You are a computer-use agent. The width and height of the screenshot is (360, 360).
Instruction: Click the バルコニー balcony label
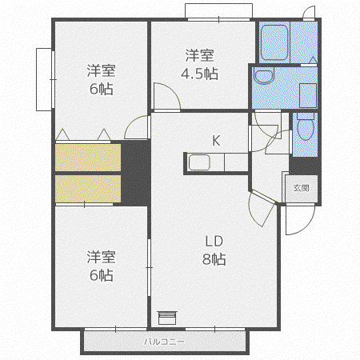[164, 342]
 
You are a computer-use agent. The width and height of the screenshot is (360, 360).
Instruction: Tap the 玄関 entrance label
[302, 188]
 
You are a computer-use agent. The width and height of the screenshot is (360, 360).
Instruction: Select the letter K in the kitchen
[216, 140]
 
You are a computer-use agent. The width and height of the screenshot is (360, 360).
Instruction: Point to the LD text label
[214, 241]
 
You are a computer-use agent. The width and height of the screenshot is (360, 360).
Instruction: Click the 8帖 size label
[214, 259]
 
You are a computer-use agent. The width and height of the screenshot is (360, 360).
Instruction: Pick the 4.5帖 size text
[199, 74]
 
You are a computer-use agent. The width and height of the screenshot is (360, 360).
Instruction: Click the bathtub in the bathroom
[274, 42]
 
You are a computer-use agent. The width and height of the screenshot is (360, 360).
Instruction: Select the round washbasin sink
[264, 76]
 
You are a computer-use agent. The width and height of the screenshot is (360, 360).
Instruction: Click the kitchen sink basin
[199, 162]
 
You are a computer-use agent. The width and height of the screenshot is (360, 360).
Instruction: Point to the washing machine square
[308, 95]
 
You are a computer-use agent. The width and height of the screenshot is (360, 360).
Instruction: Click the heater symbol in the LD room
[167, 318]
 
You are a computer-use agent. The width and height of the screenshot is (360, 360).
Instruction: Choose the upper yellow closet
[88, 158]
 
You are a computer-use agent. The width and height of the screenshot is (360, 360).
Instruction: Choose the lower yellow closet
[88, 189]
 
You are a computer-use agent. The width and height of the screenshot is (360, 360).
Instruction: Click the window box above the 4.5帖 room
[218, 10]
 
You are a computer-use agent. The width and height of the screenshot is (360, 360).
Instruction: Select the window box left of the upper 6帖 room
[44, 79]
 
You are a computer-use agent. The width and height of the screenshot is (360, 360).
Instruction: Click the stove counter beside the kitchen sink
[237, 162]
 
